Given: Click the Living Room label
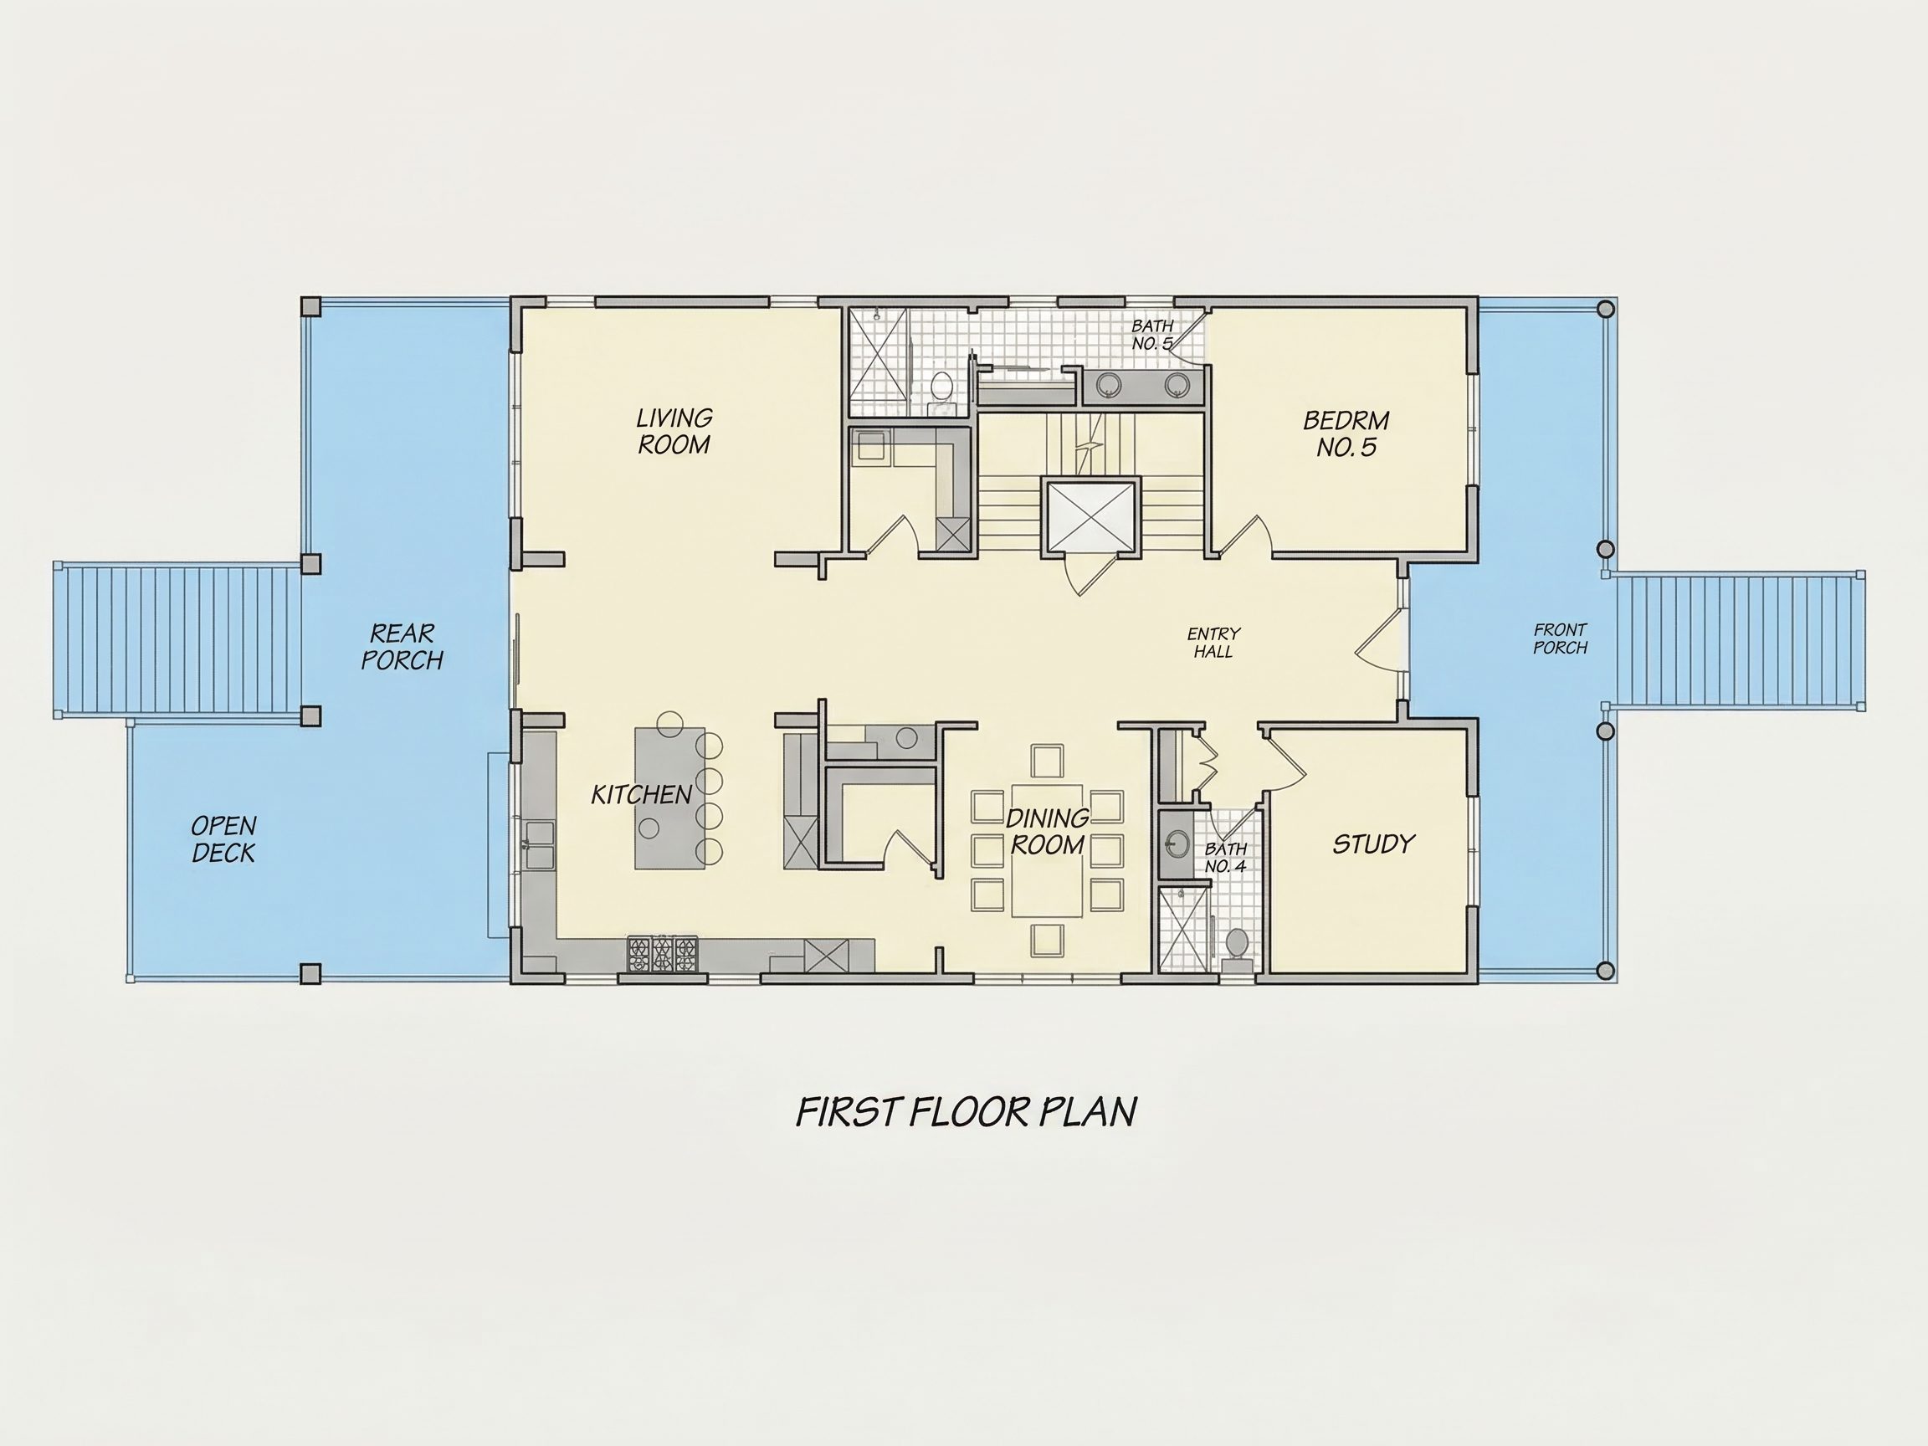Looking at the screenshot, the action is coord(674,432).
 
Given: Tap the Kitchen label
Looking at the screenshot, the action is coord(642,794).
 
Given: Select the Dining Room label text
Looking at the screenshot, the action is coord(1047,832).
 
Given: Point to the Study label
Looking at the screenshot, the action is coord(1374,843).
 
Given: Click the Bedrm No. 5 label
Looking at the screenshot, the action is coord(1346,434).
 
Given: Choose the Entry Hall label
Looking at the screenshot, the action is coord(1213,643).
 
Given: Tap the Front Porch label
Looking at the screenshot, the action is coord(1560,638).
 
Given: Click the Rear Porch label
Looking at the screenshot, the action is coord(402,647).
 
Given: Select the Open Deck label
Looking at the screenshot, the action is coord(224,839).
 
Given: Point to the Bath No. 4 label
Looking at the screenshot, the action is coord(1225,858).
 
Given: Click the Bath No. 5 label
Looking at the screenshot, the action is coord(1152,335).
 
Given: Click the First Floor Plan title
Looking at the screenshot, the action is coord(967,1111).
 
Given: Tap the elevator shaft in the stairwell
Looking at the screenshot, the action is coord(1090,516).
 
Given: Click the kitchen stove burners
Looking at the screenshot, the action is coord(663,954).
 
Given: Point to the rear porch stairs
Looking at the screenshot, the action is coord(177,641).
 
